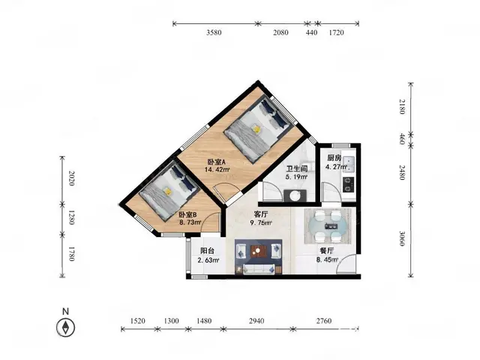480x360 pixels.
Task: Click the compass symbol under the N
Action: click(65, 328)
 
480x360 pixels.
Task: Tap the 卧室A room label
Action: click(217, 162)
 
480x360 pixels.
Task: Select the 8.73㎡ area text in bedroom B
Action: click(190, 223)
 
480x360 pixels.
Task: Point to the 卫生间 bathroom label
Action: click(297, 169)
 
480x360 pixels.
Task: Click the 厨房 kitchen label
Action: click(334, 158)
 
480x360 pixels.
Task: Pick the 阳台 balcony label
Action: click(207, 250)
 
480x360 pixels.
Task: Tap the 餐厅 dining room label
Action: click(327, 251)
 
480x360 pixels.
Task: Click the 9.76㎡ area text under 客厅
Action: click(261, 223)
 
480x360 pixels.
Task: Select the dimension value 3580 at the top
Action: click(214, 32)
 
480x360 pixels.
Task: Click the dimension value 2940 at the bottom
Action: click(256, 321)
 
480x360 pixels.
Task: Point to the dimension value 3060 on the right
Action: click(402, 238)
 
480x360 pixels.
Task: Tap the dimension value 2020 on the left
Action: click(71, 178)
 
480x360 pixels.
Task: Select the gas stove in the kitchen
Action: click(349, 184)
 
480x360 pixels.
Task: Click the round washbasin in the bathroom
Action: click(295, 196)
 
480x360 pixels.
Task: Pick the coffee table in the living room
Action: click(258, 251)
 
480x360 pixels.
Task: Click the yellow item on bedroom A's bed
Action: click(256, 129)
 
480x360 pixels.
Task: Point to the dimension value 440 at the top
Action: click(312, 32)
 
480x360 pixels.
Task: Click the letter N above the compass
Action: click(65, 312)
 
